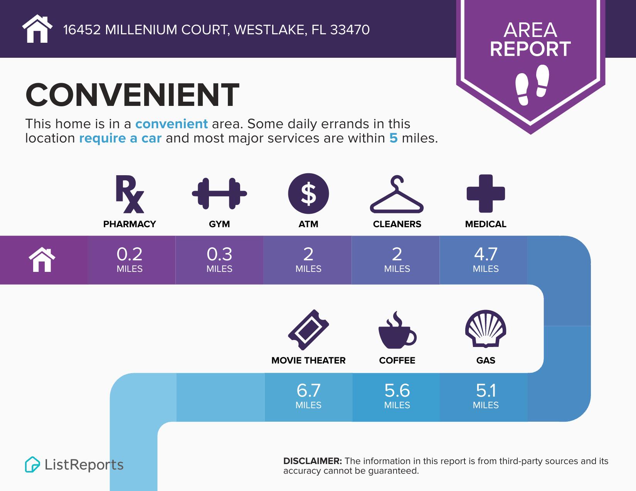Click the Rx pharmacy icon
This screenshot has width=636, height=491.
[130, 194]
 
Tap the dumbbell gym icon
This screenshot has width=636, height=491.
[219, 194]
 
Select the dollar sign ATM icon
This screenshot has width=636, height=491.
[308, 194]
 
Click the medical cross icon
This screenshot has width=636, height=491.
[486, 194]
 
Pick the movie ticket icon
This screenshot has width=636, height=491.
[308, 330]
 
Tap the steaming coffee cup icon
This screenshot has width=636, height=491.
[397, 330]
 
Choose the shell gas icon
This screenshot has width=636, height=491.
[486, 328]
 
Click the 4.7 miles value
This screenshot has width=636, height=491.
[486, 255]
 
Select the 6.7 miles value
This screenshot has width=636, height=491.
[308, 391]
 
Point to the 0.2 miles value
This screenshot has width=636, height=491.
[130, 255]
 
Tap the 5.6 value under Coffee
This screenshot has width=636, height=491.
[397, 391]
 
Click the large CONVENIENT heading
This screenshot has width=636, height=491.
[132, 95]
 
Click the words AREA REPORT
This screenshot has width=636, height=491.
[530, 40]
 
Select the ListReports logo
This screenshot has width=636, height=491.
[74, 464]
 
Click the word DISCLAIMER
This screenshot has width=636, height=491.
[312, 461]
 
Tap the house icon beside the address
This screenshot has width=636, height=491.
[37, 29]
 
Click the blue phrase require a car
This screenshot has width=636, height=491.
[120, 138]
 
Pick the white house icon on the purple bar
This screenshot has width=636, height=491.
[42, 260]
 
